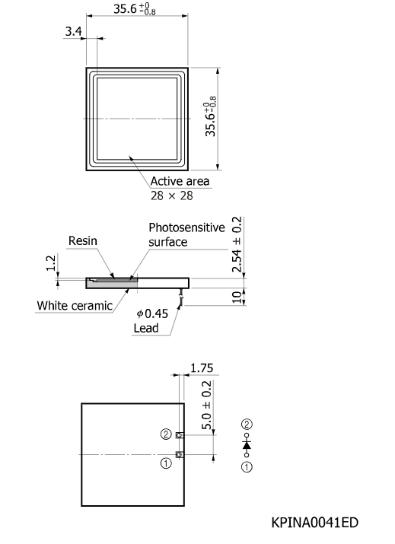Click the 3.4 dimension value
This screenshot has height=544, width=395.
74,31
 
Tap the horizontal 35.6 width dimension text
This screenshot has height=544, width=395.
135,8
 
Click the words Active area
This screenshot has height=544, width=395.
180,181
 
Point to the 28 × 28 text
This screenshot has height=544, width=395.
172,196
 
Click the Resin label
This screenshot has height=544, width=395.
83,240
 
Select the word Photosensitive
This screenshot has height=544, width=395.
186,227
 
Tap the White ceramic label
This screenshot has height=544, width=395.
75,306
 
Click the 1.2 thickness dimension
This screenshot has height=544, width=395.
51,262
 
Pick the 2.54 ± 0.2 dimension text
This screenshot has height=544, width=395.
237,244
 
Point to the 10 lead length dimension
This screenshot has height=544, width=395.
237,297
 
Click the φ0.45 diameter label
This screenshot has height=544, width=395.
152,313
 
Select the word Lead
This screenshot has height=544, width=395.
146,328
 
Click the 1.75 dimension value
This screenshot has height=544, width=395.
202,367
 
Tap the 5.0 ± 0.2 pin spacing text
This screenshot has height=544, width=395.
206,405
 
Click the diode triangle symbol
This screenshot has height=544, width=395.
247,445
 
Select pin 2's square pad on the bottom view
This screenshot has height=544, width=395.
180,435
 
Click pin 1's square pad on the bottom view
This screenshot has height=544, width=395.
180,454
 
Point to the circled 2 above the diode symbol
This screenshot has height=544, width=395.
247,425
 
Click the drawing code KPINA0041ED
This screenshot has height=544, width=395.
314,523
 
